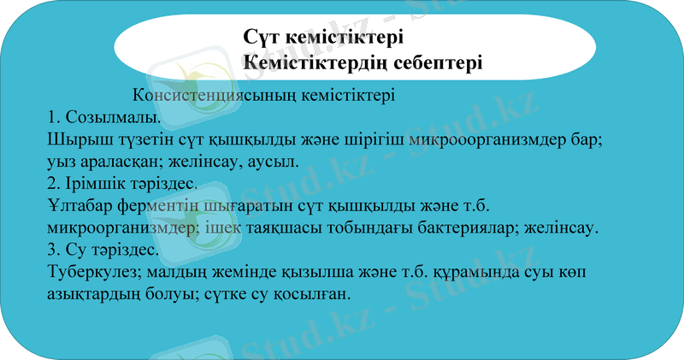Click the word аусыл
coord(277,161)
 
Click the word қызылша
coord(298,272)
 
